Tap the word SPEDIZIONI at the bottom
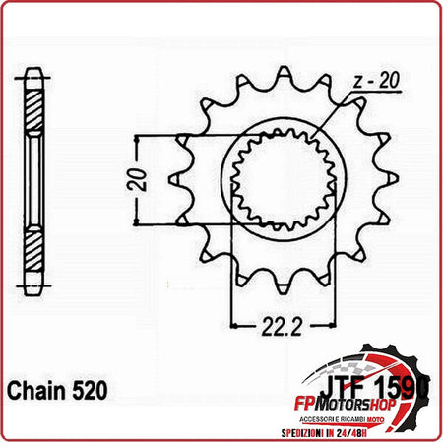point(335,430)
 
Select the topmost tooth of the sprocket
point(285,76)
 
